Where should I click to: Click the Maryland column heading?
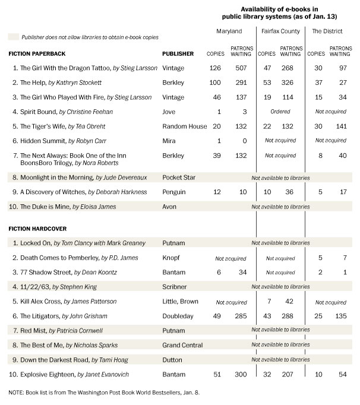point(229,30)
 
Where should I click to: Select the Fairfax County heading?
point(280,30)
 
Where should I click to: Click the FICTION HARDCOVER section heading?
point(37,228)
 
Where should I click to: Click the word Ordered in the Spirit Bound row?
point(280,112)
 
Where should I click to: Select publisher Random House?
point(185,126)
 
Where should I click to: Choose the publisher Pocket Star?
point(180,178)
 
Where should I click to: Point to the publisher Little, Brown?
point(181,302)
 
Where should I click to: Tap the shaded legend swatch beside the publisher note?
point(12,37)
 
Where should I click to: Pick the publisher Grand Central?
point(182,345)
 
